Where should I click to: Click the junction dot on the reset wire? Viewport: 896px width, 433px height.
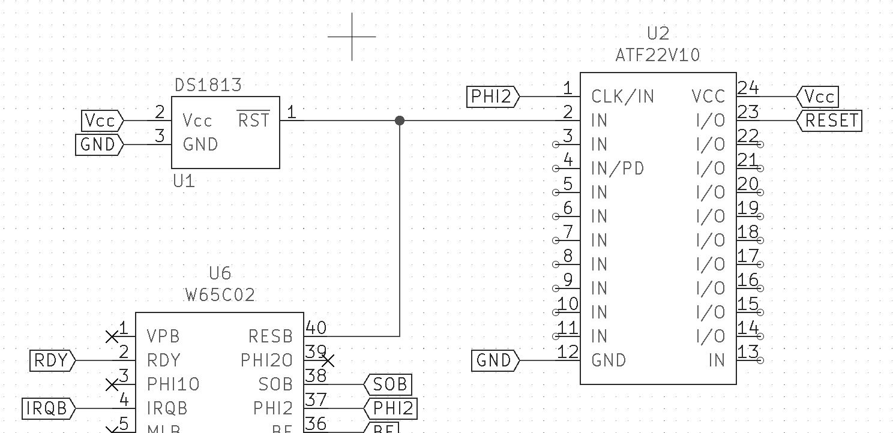[x=400, y=121]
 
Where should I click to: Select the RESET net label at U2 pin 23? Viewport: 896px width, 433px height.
[x=831, y=121]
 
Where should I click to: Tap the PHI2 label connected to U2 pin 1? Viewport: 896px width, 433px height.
[x=493, y=97]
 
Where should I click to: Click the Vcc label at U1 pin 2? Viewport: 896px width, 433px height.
[x=101, y=121]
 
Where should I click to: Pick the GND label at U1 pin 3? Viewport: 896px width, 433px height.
[x=98, y=145]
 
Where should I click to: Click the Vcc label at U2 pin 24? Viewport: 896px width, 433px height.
[x=819, y=97]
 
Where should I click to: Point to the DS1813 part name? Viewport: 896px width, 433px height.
[x=208, y=85]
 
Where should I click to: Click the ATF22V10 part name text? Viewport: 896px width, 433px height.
[x=658, y=55]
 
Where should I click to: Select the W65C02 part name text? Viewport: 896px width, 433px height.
[x=220, y=295]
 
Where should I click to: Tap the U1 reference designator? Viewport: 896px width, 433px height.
[x=184, y=181]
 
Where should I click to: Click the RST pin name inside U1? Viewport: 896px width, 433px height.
[x=253, y=120]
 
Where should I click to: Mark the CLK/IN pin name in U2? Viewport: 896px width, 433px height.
[x=622, y=97]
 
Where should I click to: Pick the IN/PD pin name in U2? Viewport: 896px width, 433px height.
[x=618, y=169]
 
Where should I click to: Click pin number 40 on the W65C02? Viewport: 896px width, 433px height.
[x=316, y=327]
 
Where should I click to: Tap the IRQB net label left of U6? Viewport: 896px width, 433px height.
[x=47, y=408]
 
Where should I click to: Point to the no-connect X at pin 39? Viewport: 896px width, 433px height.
[x=328, y=360]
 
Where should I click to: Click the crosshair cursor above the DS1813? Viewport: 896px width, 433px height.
[x=352, y=37]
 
